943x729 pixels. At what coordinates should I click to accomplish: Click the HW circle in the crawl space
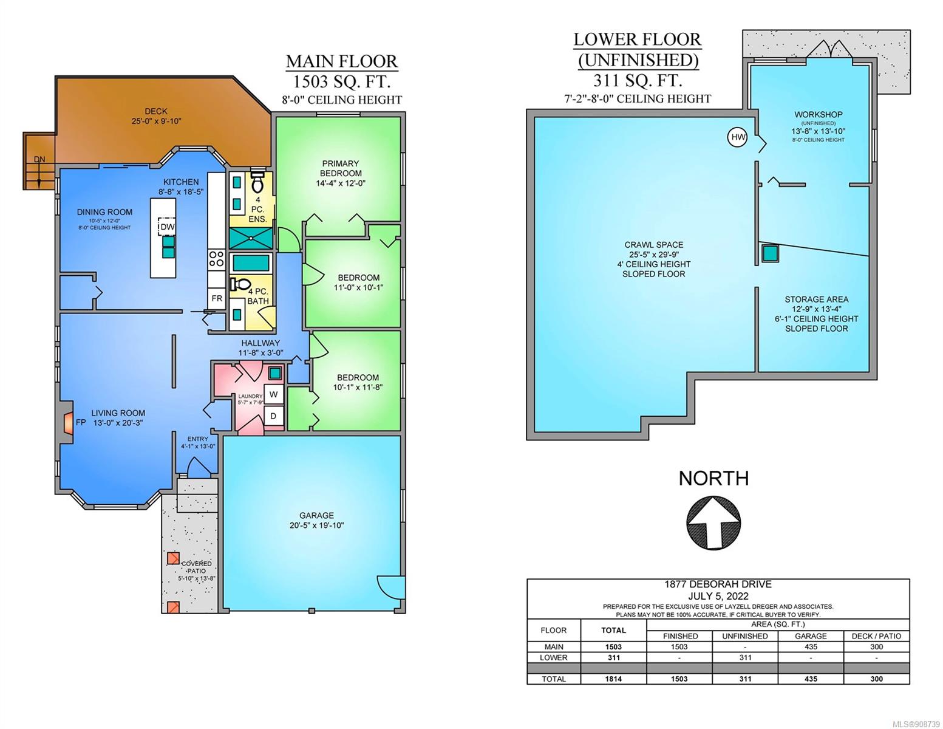pos(737,138)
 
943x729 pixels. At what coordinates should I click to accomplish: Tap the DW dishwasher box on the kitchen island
pos(166,227)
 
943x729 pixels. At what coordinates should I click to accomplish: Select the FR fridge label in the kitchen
pos(217,298)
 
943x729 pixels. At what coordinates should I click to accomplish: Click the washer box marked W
pos(273,394)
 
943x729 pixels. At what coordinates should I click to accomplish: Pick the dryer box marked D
pos(273,416)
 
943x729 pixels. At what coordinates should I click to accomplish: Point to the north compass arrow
pos(713,523)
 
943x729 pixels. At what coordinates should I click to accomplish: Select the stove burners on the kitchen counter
pos(217,259)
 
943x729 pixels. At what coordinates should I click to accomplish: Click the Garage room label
pos(316,515)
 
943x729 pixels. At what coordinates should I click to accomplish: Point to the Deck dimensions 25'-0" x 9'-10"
pos(156,121)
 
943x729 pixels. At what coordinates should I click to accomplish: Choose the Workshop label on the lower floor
pos(819,115)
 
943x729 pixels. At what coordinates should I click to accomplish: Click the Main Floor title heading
pos(342,61)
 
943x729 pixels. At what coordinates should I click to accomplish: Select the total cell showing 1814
pos(613,679)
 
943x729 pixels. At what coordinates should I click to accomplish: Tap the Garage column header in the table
pos(811,636)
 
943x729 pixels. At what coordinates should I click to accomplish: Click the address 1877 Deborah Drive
pos(718,584)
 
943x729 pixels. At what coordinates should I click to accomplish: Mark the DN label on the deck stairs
pos(39,159)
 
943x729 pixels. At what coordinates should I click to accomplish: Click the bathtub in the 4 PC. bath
pos(250,263)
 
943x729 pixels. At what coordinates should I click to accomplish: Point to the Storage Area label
pos(816,299)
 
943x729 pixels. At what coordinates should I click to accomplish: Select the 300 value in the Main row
pos(877,647)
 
